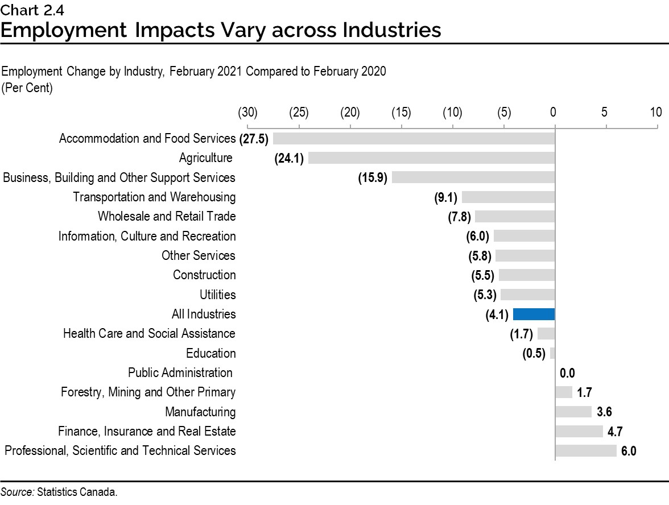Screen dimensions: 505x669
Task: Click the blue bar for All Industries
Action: (x=534, y=314)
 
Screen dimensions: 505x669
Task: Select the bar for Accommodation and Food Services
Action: (x=414, y=139)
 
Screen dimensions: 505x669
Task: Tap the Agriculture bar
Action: (x=431, y=158)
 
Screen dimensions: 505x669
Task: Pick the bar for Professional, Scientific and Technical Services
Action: (x=585, y=451)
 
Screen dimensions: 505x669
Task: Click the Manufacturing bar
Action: (x=573, y=412)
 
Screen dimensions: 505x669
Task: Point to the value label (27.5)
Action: (x=254, y=139)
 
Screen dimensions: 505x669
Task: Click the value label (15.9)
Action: (x=373, y=178)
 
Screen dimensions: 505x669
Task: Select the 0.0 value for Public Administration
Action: (x=567, y=373)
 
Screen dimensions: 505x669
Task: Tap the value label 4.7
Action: (x=615, y=432)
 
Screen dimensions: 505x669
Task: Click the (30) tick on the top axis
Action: (x=247, y=112)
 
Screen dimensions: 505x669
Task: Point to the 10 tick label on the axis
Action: (x=656, y=112)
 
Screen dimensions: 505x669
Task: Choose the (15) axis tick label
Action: (x=401, y=112)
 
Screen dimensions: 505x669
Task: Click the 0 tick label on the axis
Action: (x=553, y=112)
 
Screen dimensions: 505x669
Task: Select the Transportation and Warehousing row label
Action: (x=154, y=197)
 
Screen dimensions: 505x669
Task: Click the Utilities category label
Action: (x=217, y=295)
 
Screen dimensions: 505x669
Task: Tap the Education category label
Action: (x=210, y=353)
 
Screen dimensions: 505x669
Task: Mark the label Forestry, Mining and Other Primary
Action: (x=148, y=392)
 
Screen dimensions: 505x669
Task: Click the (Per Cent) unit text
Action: (x=27, y=89)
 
